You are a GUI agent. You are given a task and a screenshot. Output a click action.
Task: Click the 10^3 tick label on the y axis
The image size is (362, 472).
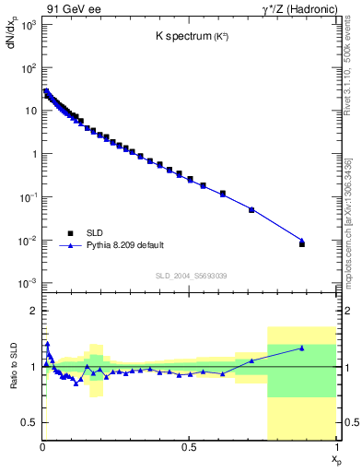click(x=28, y=25)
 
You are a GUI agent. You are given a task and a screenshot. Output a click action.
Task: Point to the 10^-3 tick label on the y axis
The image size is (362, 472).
click(x=28, y=283)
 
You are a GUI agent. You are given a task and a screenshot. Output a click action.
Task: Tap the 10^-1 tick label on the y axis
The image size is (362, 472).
click(x=28, y=197)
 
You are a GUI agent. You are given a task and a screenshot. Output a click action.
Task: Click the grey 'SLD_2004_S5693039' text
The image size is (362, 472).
click(x=191, y=277)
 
